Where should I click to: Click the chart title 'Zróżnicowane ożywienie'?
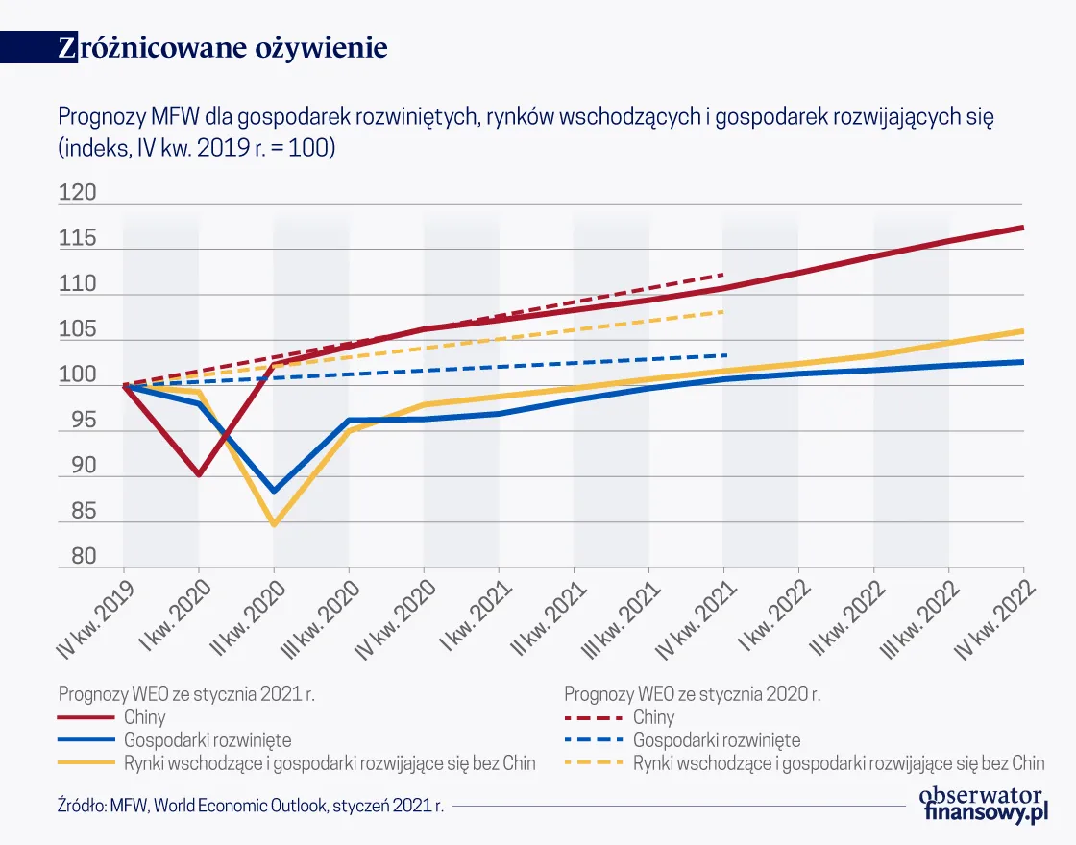click(x=222, y=48)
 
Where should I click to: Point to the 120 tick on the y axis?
click(x=78, y=194)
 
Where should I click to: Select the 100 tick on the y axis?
click(x=78, y=376)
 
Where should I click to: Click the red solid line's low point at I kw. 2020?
click(x=199, y=474)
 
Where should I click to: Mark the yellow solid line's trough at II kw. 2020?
click(x=274, y=524)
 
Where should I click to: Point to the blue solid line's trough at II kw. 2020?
click(x=275, y=491)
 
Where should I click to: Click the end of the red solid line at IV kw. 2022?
click(x=1022, y=228)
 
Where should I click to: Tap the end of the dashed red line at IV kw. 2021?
click(x=722, y=275)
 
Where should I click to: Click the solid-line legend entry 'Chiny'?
click(x=144, y=717)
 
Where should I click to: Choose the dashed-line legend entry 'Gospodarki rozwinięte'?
click(x=716, y=740)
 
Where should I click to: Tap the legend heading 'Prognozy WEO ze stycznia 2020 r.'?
click(x=692, y=693)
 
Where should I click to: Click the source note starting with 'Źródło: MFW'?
click(x=251, y=806)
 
